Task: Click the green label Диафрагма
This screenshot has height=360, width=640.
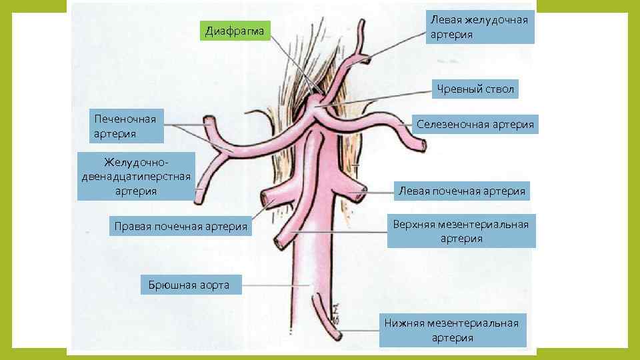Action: [235, 31]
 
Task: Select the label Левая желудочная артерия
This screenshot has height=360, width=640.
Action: [479, 27]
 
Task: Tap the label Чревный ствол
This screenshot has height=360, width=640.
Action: [475, 89]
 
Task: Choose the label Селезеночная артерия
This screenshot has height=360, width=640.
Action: [475, 124]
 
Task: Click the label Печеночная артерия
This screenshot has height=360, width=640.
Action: [125, 127]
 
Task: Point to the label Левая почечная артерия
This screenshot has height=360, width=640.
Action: [461, 191]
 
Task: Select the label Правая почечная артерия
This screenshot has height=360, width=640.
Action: [181, 227]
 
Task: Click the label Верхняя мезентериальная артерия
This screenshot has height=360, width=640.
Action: [461, 231]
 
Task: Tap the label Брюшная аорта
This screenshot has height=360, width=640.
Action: [185, 285]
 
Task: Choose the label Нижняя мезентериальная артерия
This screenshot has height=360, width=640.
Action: [452, 330]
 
